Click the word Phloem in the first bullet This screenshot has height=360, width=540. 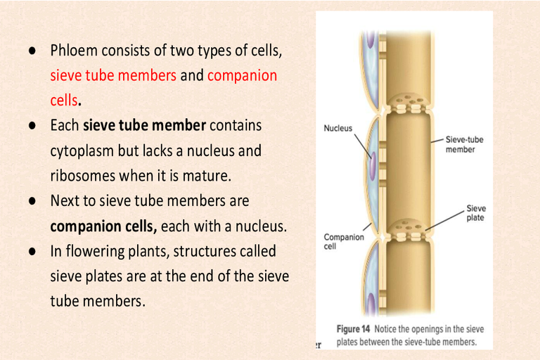click(x=74, y=51)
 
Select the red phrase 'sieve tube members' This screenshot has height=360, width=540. click(x=113, y=75)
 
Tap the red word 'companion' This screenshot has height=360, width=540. click(x=242, y=76)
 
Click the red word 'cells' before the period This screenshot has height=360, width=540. click(x=64, y=101)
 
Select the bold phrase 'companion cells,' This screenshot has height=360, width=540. click(x=103, y=226)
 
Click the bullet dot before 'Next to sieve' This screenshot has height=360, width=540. click(x=32, y=201)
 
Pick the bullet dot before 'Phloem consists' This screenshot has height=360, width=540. click(x=32, y=51)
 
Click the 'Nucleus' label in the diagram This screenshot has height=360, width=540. click(x=337, y=128)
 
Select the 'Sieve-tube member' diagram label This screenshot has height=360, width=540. click(x=464, y=144)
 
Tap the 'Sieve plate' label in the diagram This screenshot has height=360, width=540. click(x=476, y=213)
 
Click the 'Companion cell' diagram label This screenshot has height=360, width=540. click(x=344, y=241)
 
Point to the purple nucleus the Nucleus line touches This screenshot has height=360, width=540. click(x=373, y=165)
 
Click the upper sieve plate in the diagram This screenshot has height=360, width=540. click(x=408, y=103)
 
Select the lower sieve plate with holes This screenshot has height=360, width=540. click(x=408, y=229)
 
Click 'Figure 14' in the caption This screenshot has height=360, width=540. click(x=353, y=329)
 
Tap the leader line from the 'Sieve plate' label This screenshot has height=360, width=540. click(x=444, y=221)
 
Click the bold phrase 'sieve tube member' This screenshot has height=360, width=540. click(x=145, y=125)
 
